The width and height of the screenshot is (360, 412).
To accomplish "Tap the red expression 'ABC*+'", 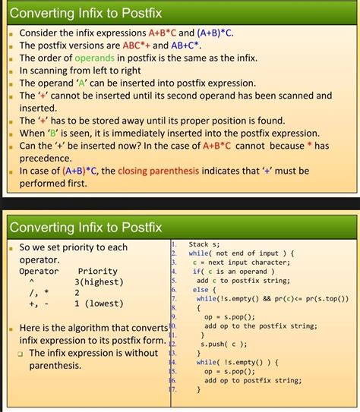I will pyautogui.click(x=139, y=45).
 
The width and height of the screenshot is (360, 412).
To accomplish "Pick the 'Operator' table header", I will pyautogui.click(x=39, y=271).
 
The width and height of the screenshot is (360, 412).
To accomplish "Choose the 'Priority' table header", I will pyautogui.click(x=98, y=271).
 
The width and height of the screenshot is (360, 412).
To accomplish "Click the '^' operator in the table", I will pyautogui.click(x=33, y=281).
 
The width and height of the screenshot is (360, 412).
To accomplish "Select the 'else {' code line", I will pyautogui.click(x=201, y=289).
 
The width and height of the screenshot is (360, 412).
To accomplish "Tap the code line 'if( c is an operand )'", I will pyautogui.click(x=234, y=271).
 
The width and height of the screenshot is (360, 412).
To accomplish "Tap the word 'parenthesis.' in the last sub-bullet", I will pyautogui.click(x=55, y=366).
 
